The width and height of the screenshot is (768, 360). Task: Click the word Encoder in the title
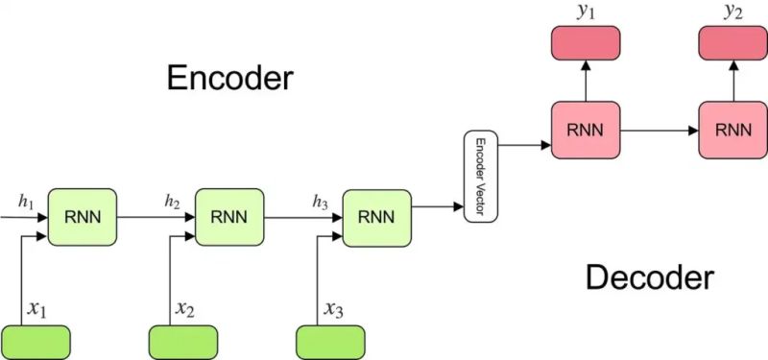(x=229, y=77)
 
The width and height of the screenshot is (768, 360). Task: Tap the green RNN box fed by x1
(x=82, y=216)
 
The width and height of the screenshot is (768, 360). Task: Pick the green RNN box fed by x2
(x=228, y=216)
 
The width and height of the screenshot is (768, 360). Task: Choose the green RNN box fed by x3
(x=376, y=216)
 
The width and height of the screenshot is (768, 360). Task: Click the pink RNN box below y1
(x=585, y=130)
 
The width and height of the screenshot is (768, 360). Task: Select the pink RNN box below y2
(x=732, y=130)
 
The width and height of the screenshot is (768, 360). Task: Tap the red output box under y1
(x=585, y=43)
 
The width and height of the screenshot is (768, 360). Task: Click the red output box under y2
(x=732, y=43)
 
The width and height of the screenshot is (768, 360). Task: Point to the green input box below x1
(x=36, y=341)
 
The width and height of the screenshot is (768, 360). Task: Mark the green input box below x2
(x=184, y=341)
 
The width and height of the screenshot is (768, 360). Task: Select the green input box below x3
(x=330, y=341)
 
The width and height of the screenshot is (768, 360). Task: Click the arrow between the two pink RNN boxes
(x=659, y=130)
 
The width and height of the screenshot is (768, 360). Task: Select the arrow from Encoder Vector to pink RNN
(x=524, y=146)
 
